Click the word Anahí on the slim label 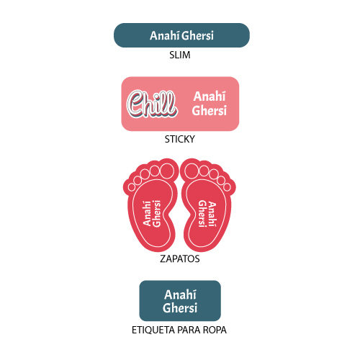pyautogui.click(x=165, y=35)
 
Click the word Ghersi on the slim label pyautogui.click(x=197, y=35)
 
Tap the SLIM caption pyautogui.click(x=180, y=55)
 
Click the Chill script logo pyautogui.click(x=152, y=104)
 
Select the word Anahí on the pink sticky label pyautogui.click(x=210, y=96)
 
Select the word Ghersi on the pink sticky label pyautogui.click(x=209, y=110)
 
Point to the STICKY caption pyautogui.click(x=180, y=139)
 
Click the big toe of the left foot pyautogui.click(x=167, y=171)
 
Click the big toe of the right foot pyautogui.click(x=192, y=171)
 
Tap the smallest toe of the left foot pyautogui.click(x=132, y=187)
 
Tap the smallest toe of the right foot pyautogui.click(x=227, y=187)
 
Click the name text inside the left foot pyautogui.click(x=152, y=213)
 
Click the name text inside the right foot pyautogui.click(x=207, y=213)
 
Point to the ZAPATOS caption pyautogui.click(x=180, y=259)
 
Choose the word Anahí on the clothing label pyautogui.click(x=180, y=294)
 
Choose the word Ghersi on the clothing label pyautogui.click(x=180, y=307)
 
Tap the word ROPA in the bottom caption pyautogui.click(x=215, y=330)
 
